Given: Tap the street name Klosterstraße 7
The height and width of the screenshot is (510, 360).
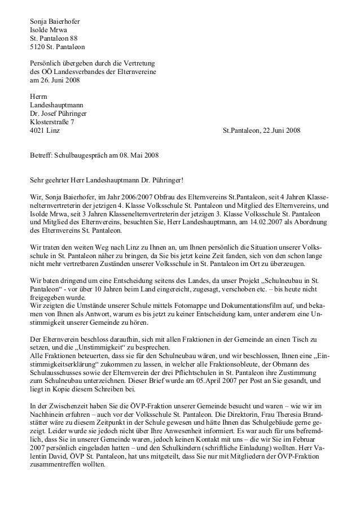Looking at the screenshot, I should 55,122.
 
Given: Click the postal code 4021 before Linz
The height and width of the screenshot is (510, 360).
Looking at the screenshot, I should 37,130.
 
